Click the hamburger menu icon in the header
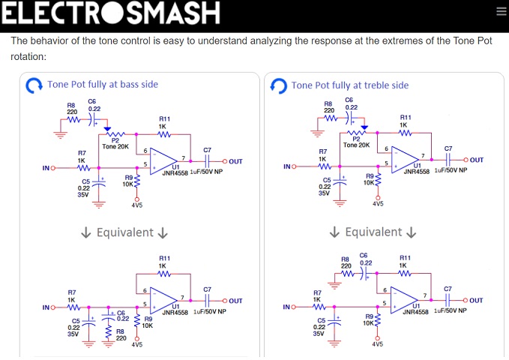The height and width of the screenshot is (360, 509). click(x=501, y=11)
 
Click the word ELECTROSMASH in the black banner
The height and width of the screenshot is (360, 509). click(x=111, y=12)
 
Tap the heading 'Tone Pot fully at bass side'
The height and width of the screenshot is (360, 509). click(x=103, y=85)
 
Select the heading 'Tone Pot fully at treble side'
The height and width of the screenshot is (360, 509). click(x=350, y=85)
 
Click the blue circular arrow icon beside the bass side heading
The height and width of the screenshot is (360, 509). click(x=34, y=85)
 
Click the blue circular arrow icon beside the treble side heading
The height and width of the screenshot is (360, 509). click(x=279, y=86)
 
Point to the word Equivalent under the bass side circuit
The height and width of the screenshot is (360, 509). click(x=125, y=232)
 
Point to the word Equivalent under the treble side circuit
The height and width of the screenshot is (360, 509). click(x=373, y=232)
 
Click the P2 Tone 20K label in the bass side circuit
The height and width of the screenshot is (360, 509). click(x=115, y=143)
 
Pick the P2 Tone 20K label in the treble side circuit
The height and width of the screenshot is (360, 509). click(x=356, y=142)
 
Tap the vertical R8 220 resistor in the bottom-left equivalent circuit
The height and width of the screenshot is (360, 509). click(x=109, y=332)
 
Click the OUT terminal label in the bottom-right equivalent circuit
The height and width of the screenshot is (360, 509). click(x=476, y=301)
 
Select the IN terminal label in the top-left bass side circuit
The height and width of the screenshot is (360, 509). click(x=46, y=168)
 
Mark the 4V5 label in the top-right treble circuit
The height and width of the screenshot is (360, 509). click(x=378, y=204)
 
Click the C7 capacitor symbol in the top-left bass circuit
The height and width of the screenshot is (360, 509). click(x=208, y=161)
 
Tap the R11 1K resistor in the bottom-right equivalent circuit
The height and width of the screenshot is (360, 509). click(x=405, y=273)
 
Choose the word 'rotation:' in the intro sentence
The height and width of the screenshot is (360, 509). click(x=28, y=56)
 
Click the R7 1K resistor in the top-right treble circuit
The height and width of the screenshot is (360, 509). click(x=324, y=166)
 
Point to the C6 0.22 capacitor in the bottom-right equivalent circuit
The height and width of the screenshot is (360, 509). click(x=365, y=274)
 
